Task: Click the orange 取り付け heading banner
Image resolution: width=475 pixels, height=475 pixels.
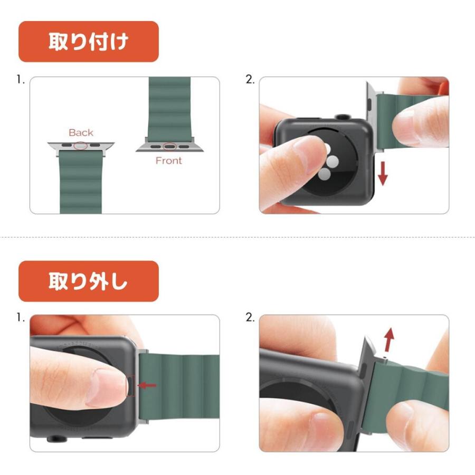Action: [x=89, y=42]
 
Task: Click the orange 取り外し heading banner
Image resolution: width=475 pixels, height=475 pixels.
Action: [x=89, y=281]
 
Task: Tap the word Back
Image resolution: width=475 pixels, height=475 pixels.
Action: [x=81, y=132]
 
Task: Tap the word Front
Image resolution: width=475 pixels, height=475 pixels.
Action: [x=169, y=160]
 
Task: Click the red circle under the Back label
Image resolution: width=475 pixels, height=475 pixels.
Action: [x=81, y=146]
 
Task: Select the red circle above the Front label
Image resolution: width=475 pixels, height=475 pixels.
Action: [x=169, y=147]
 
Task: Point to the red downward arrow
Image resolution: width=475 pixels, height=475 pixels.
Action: [x=383, y=173]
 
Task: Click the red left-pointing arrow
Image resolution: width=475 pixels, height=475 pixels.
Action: [x=147, y=385]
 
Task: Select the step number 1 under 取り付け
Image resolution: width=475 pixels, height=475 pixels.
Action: [x=21, y=80]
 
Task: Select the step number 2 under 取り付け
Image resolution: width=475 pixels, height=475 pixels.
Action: [x=250, y=80]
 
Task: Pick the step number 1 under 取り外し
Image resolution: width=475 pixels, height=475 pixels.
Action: [x=21, y=318]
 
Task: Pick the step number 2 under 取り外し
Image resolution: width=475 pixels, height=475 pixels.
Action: [x=250, y=318]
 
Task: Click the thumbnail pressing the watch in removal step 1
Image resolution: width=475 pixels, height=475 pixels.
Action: [x=106, y=388]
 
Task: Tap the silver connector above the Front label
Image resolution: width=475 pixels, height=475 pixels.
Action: [x=169, y=147]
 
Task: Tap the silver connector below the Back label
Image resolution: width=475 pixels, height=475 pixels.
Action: [x=81, y=146]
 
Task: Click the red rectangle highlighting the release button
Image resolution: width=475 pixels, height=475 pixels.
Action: [x=130, y=385]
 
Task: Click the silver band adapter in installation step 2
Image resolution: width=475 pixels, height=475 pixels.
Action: [x=372, y=117]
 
